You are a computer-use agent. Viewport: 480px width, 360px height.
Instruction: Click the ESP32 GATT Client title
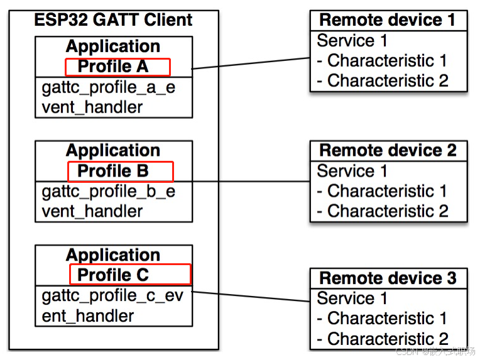click(x=113, y=21)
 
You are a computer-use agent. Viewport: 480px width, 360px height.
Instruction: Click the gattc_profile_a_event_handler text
click(x=109, y=97)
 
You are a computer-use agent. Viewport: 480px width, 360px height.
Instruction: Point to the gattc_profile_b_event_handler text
click(x=109, y=201)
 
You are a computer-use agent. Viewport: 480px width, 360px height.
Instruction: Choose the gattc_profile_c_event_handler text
click(x=112, y=305)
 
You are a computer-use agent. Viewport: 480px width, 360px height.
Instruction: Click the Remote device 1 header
click(x=388, y=20)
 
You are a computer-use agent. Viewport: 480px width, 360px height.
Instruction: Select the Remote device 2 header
click(x=388, y=151)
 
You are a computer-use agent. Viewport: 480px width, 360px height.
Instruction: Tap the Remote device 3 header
click(x=388, y=278)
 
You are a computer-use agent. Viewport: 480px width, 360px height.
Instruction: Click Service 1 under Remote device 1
click(x=352, y=41)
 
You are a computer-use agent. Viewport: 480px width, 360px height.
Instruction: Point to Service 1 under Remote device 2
click(x=352, y=171)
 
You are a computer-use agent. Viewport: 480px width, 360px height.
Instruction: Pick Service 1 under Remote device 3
click(x=352, y=298)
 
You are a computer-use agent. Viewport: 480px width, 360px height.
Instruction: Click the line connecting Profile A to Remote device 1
click(x=251, y=63)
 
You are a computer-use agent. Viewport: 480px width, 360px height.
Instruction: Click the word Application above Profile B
click(x=113, y=151)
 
